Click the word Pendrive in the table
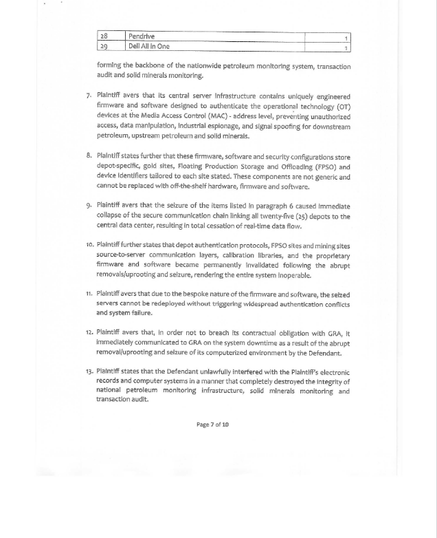[x=142, y=36]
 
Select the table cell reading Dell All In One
[x=148, y=47]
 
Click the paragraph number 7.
[x=89, y=96]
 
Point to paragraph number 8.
[x=89, y=156]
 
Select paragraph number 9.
[x=89, y=205]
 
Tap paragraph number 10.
[x=89, y=246]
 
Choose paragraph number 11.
[x=89, y=294]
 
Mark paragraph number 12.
[x=89, y=333]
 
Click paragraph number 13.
[x=89, y=372]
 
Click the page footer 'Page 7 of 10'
[x=212, y=424]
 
